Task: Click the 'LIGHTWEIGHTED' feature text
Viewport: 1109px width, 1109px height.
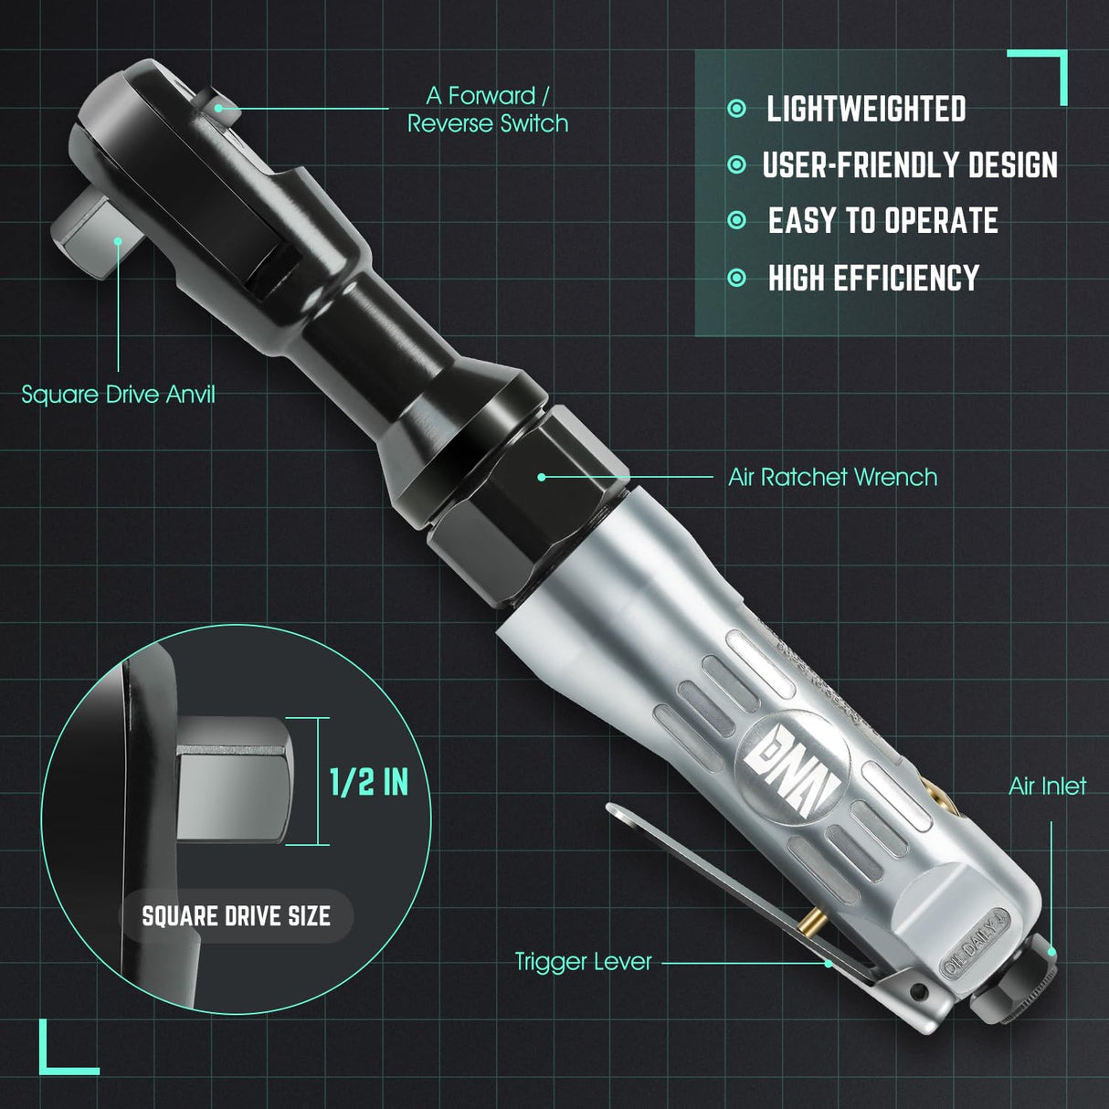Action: pyautogui.click(x=865, y=110)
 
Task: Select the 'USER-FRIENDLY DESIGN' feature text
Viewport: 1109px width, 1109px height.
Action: pyautogui.click(x=909, y=165)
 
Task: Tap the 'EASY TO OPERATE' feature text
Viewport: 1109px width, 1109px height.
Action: pyautogui.click(x=882, y=221)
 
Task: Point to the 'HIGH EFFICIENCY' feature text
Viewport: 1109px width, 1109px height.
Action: pyautogui.click(x=872, y=278)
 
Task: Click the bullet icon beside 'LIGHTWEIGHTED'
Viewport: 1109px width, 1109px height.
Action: pyautogui.click(x=737, y=110)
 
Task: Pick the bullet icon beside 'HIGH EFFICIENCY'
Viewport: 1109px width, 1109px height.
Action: pyautogui.click(x=737, y=278)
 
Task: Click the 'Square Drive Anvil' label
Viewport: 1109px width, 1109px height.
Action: pyautogui.click(x=118, y=395)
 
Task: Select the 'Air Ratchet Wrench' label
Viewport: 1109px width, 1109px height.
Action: pyautogui.click(x=832, y=477)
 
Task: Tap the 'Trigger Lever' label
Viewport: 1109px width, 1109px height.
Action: pyautogui.click(x=583, y=962)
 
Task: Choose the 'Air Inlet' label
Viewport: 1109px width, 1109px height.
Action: pyautogui.click(x=1047, y=786)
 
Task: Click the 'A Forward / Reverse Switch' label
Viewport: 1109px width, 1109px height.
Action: pyautogui.click(x=488, y=110)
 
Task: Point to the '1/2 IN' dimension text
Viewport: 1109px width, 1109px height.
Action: pyautogui.click(x=368, y=782)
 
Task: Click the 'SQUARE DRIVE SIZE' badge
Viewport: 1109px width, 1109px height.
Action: pyautogui.click(x=236, y=916)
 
